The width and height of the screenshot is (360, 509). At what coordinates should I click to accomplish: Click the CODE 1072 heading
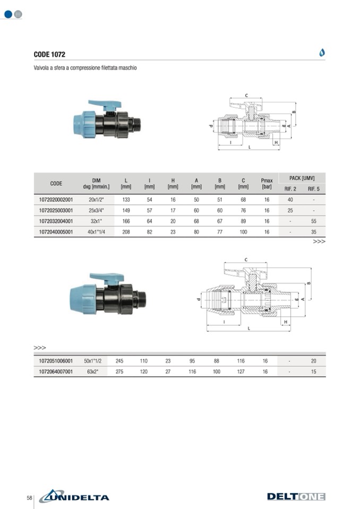[49, 54]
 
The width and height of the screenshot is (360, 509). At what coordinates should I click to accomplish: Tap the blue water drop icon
[322, 52]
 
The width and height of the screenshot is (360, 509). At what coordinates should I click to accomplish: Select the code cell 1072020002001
[56, 200]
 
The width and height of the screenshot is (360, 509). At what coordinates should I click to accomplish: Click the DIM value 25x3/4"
[97, 210]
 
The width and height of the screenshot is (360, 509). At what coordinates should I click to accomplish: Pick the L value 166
[126, 221]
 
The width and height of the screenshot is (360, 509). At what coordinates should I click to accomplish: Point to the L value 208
[126, 232]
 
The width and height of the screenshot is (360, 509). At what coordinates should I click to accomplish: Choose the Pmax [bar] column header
[267, 184]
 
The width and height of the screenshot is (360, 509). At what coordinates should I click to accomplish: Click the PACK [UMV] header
[302, 178]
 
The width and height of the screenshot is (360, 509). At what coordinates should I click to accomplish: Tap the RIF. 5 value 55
[314, 221]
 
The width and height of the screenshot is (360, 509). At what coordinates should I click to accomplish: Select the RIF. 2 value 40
[290, 200]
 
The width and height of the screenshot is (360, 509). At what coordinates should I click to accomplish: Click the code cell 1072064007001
[56, 372]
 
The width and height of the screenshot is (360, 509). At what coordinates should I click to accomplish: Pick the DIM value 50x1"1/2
[93, 360]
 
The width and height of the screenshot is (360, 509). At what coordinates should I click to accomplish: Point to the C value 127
[241, 372]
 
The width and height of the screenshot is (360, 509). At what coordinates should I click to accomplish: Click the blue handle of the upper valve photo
[105, 104]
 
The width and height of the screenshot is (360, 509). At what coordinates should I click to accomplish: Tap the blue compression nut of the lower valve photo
[83, 299]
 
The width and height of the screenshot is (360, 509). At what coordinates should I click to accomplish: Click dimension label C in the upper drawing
[246, 96]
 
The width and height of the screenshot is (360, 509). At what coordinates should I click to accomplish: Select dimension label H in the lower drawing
[286, 322]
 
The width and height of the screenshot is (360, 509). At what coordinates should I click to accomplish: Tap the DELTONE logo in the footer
[296, 497]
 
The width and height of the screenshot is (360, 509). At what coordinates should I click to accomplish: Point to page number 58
[29, 498]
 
